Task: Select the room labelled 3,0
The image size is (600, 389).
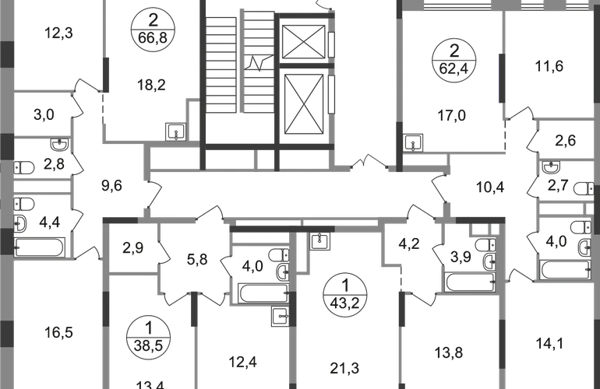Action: [x=44, y=117]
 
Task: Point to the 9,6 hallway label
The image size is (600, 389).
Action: [x=114, y=185]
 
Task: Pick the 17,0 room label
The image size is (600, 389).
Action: [x=452, y=116]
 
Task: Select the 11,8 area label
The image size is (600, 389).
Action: [x=547, y=66]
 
